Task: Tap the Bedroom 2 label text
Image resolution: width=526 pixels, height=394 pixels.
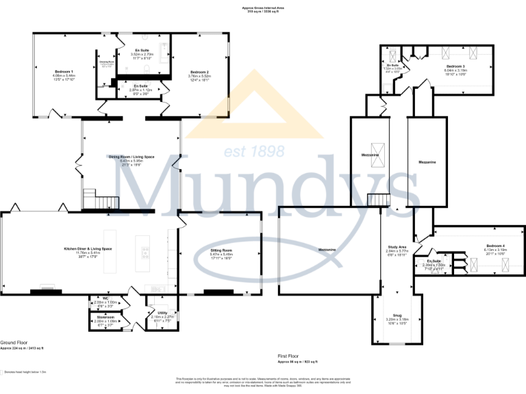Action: (x=199, y=72)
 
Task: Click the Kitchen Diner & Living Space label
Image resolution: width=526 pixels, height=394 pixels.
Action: (x=88, y=248)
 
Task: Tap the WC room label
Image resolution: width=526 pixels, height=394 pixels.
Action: (x=106, y=298)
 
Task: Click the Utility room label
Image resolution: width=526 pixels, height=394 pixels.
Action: (x=162, y=313)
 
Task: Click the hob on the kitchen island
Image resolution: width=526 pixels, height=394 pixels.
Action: (x=145, y=252)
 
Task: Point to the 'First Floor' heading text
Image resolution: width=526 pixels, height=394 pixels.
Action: (x=290, y=356)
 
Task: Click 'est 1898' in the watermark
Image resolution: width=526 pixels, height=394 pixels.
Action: (x=246, y=151)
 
